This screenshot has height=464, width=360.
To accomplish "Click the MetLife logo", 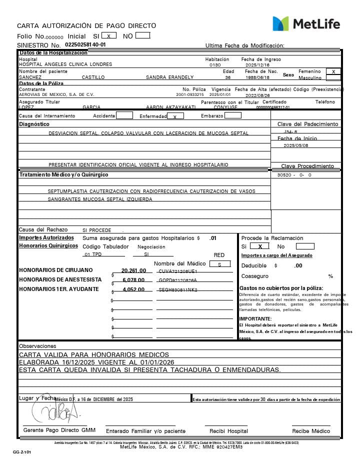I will [305, 23].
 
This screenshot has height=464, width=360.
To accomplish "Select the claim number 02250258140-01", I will [85, 44].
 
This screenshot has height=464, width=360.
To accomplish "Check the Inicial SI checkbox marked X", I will [109, 35].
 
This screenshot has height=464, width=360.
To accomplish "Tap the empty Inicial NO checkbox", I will [142, 35].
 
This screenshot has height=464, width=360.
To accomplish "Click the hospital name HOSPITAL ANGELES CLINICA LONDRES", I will [65, 64].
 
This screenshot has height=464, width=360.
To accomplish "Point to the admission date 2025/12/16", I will [257, 65].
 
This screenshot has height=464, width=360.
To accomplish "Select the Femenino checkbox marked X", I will [333, 71].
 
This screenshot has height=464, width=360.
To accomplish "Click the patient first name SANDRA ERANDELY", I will [169, 77].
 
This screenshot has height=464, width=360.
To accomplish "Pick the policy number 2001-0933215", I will [190, 94].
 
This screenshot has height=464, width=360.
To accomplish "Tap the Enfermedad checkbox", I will [174, 116].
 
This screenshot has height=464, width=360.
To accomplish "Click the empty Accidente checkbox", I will [124, 115].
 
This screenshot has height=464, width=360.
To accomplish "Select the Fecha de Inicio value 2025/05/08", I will [296, 145].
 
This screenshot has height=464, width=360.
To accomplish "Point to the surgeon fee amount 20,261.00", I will [133, 270].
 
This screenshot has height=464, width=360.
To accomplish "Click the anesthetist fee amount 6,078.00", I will [133, 280].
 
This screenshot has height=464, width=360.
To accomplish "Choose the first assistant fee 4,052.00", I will [133, 289].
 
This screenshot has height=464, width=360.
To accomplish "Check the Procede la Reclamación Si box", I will [260, 246].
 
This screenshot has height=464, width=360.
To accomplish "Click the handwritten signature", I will [55, 410].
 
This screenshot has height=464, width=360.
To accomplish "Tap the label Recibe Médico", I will [311, 431].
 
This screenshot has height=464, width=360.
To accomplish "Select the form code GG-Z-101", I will [22, 452].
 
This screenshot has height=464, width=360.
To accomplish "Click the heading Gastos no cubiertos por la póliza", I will [281, 288].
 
